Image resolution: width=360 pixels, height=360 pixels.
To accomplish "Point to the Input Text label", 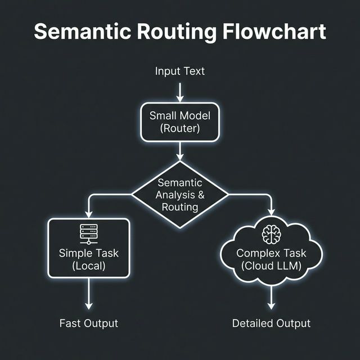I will [180, 71].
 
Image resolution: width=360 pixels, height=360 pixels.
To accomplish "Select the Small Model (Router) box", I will [180, 122].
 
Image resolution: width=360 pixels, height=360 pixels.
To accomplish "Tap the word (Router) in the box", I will [180, 129].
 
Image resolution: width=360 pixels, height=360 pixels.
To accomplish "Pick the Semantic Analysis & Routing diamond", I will [180, 195].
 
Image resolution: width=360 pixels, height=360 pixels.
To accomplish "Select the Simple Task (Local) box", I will [89, 247].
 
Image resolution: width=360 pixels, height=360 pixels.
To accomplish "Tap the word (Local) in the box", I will [89, 266].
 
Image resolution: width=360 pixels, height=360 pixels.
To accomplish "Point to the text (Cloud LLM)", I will [271, 266].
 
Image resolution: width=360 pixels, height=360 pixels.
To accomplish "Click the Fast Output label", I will [89, 323].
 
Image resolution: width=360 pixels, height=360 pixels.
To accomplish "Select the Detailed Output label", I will [271, 323].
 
